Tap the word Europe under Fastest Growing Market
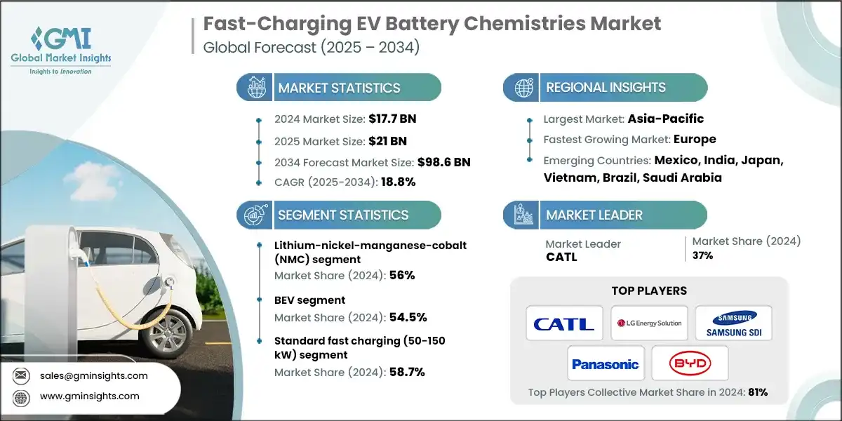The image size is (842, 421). (x=696, y=139)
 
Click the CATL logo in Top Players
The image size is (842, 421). (x=564, y=323)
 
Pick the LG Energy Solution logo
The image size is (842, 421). (x=649, y=323)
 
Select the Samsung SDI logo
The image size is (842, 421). (x=733, y=323)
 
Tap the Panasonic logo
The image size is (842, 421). (x=605, y=363)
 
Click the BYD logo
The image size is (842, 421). (x=690, y=363)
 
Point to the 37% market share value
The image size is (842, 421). (x=702, y=255)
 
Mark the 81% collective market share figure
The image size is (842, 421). (x=757, y=392)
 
